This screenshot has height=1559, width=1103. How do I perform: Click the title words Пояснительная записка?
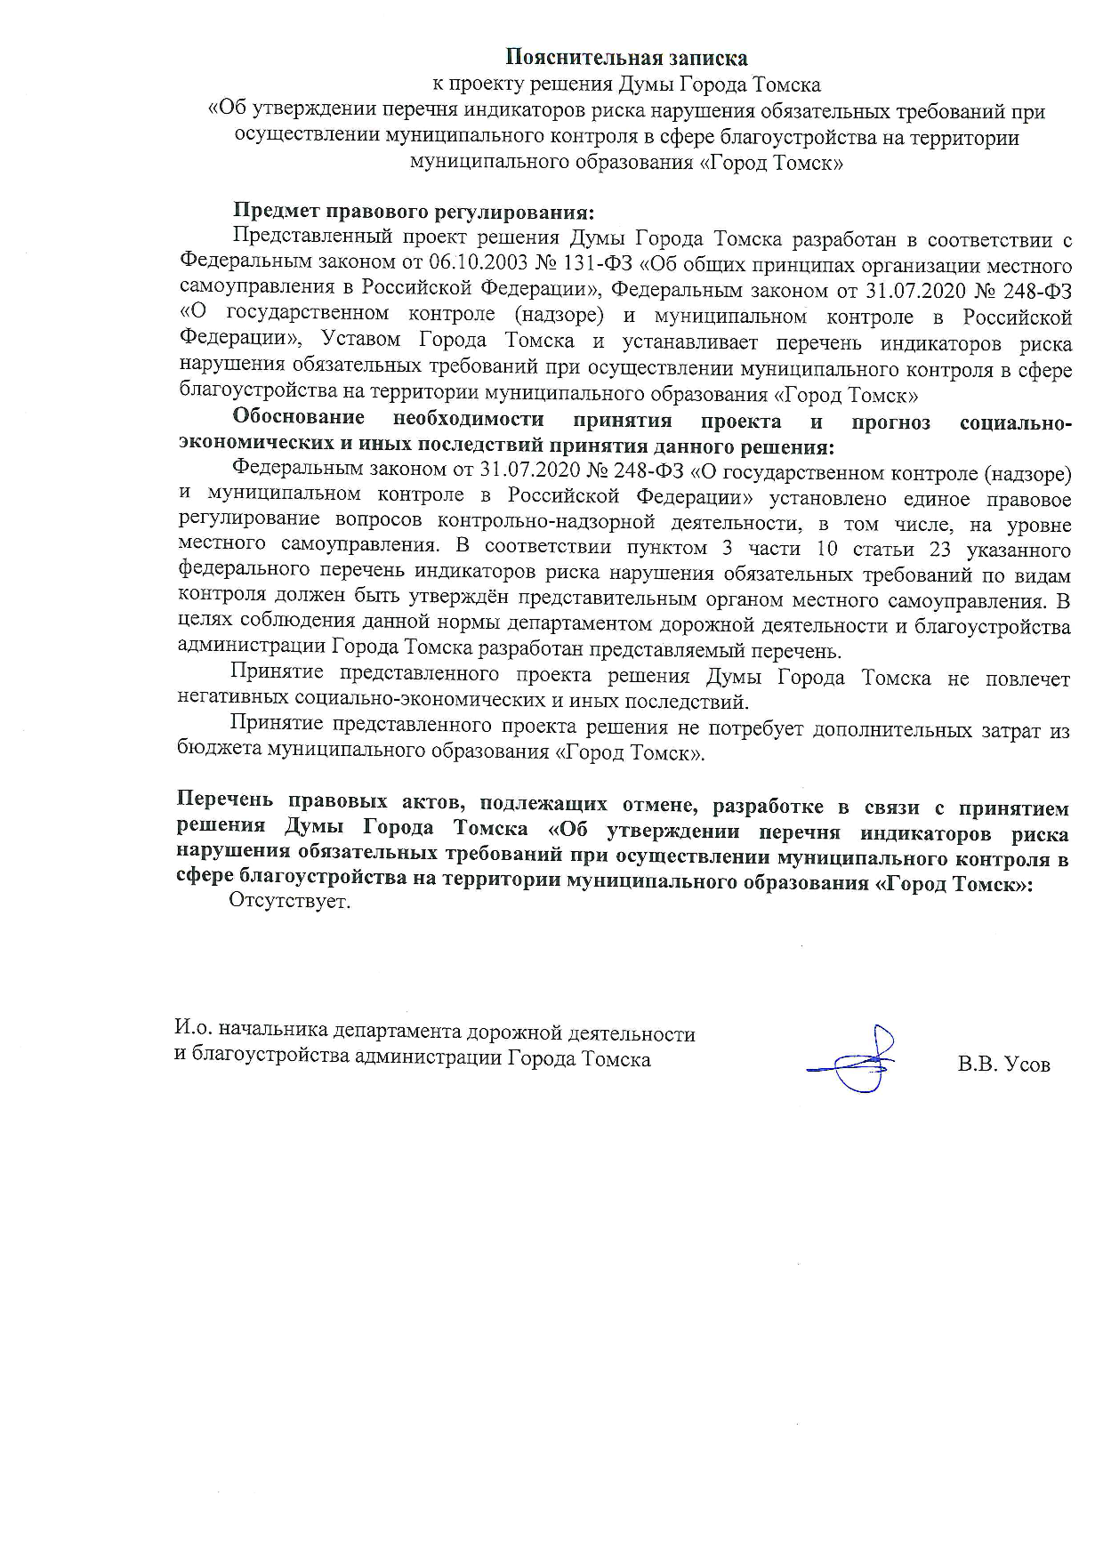(626, 58)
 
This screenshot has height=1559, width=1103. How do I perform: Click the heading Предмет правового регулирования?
(413, 213)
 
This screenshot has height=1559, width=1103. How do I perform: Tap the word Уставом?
(362, 342)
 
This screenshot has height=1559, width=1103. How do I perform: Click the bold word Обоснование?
(299, 420)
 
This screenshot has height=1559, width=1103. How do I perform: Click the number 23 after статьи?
(939, 549)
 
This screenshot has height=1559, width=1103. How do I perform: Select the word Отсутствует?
(290, 903)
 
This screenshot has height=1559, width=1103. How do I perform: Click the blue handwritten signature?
(857, 1061)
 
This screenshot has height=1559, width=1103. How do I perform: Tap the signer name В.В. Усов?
(1003, 1064)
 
